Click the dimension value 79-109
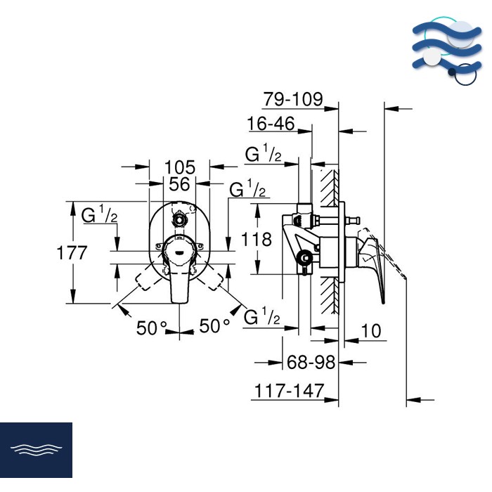292,99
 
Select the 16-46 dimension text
271,124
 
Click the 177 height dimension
72,253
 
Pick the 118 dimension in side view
256,239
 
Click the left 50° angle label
153,327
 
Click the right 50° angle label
215,325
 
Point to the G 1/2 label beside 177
99,215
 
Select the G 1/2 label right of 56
247,190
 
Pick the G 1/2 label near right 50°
262,318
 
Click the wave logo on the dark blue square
36,450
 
